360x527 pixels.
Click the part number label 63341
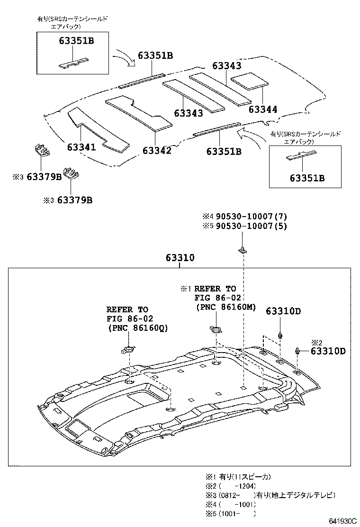(x=81, y=147)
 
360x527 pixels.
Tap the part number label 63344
(x=263, y=109)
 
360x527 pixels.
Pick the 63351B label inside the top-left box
(x=76, y=41)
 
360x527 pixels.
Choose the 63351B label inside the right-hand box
(x=308, y=178)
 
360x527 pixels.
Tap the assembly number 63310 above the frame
(x=180, y=258)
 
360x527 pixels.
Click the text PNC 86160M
(x=226, y=307)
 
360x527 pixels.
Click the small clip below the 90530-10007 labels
(x=243, y=249)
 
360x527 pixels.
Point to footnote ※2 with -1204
(x=229, y=486)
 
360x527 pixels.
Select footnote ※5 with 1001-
(x=229, y=513)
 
